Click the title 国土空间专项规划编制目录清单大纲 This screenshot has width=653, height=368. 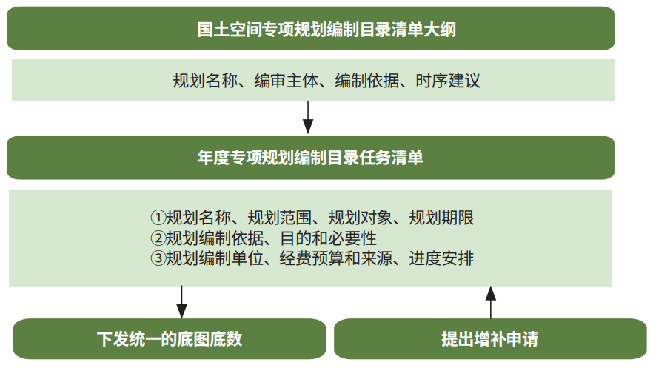click(x=326, y=30)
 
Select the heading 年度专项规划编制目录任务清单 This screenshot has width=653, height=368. click(x=310, y=158)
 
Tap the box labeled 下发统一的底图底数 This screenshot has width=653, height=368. click(x=170, y=339)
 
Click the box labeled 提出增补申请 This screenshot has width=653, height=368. click(x=490, y=339)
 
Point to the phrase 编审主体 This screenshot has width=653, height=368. click(x=286, y=81)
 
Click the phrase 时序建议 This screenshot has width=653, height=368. click(x=448, y=81)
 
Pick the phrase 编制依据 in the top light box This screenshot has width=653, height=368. click(x=367, y=81)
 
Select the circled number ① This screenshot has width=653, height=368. click(x=158, y=217)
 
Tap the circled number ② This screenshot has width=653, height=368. click(x=158, y=238)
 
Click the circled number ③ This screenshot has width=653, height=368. click(x=158, y=258)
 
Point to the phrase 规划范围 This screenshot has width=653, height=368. click(x=280, y=217)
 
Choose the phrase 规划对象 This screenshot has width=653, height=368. click(x=361, y=217)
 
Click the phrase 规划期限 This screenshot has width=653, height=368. click(x=441, y=217)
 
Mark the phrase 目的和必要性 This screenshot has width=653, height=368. click(x=328, y=238)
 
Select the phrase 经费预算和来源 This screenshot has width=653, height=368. click(x=336, y=258)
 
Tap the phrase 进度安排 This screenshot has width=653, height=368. click(x=441, y=258)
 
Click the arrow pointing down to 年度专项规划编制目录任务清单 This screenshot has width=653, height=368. click(x=308, y=117)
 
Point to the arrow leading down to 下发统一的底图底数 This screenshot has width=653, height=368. click(x=181, y=302)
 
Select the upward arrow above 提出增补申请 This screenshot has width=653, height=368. click(x=491, y=302)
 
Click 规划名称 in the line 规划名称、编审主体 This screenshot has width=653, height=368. click(x=205, y=81)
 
